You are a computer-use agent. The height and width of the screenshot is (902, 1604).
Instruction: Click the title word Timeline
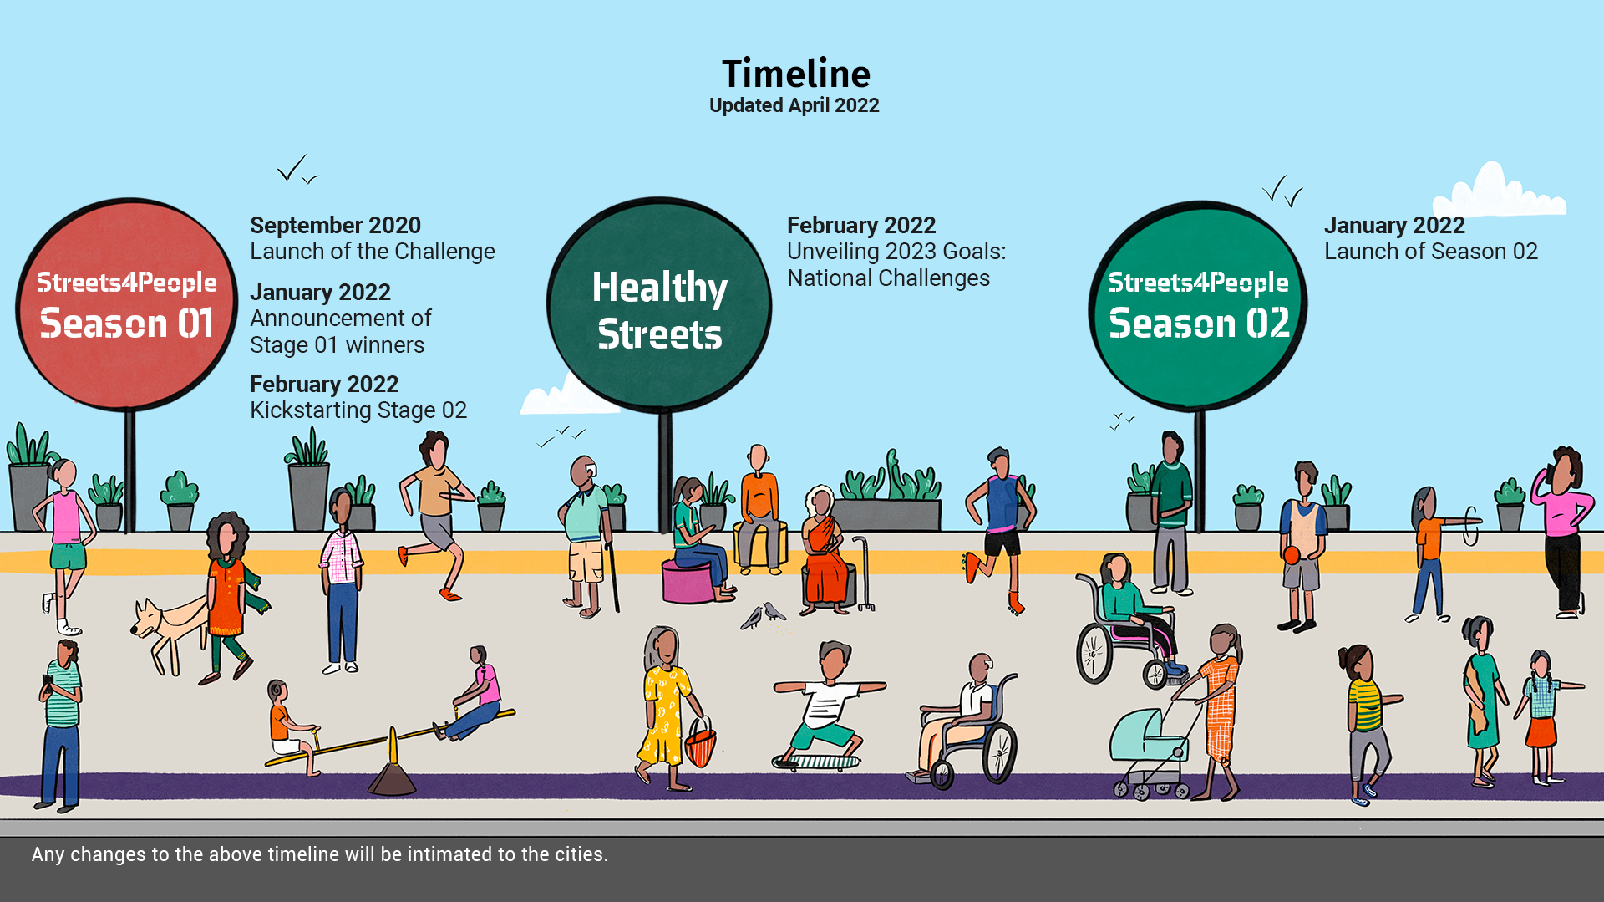pyautogui.click(x=795, y=74)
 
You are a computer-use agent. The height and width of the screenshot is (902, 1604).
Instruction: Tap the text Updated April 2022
pyautogui.click(x=794, y=105)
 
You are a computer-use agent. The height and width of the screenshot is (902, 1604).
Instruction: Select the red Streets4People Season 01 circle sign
pyautogui.click(x=127, y=304)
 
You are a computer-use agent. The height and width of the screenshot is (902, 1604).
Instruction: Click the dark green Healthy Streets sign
pyautogui.click(x=659, y=305)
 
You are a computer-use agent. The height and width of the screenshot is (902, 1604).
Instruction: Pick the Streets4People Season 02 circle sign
pyautogui.click(x=1198, y=306)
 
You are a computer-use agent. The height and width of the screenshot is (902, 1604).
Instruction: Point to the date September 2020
pyautogui.click(x=335, y=225)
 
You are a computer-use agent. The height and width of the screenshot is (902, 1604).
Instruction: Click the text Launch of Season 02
pyautogui.click(x=1430, y=252)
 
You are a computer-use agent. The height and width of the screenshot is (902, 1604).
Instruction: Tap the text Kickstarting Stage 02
pyautogui.click(x=358, y=410)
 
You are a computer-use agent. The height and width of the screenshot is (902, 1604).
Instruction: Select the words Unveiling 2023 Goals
pyautogui.click(x=896, y=252)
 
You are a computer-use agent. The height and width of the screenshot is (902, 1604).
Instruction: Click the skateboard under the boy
pyautogui.click(x=816, y=762)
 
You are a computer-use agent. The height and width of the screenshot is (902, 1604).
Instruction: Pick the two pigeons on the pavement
pyautogui.click(x=764, y=615)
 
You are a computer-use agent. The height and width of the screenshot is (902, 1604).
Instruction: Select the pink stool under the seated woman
pyautogui.click(x=688, y=582)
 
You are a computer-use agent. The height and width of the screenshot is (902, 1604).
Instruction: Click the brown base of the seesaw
pyautogui.click(x=392, y=778)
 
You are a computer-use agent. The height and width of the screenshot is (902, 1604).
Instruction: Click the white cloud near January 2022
pyautogui.click(x=1499, y=191)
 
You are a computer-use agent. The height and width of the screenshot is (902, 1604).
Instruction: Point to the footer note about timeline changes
pyautogui.click(x=320, y=854)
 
